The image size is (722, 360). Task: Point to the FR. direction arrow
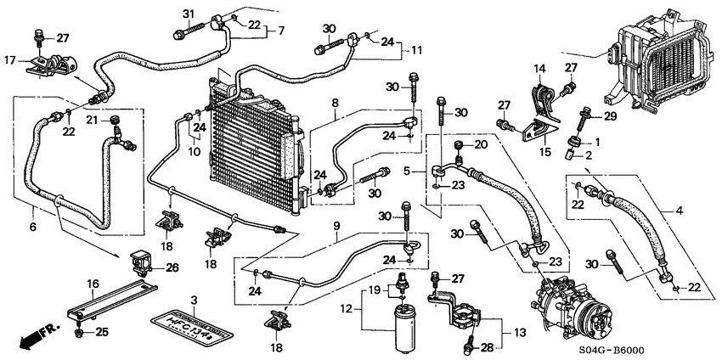[x=32, y=337]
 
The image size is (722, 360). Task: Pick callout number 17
[x=10, y=60]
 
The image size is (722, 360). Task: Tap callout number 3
[x=194, y=300]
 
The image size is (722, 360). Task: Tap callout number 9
[x=336, y=226]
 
